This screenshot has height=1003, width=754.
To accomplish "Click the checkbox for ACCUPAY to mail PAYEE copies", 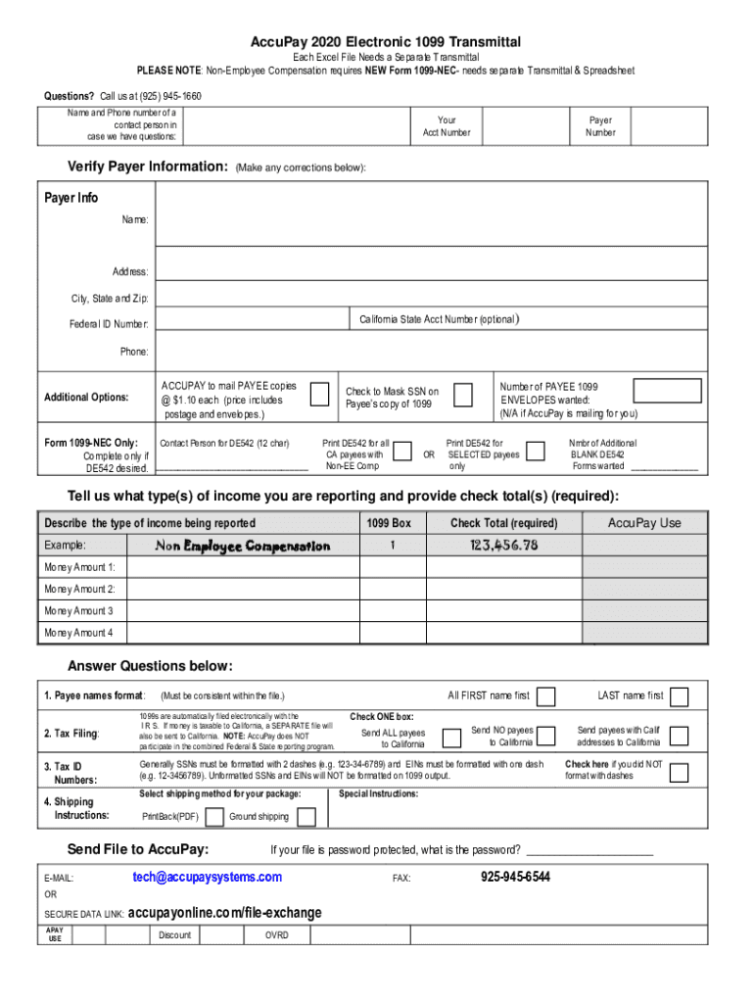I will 319,394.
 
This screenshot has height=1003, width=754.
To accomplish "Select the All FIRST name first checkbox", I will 546,696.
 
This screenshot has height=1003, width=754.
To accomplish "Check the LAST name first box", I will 679,696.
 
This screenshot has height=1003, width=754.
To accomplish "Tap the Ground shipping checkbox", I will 306,817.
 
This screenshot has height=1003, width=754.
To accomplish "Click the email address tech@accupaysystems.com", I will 207,877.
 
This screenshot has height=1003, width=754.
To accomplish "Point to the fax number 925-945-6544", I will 515,877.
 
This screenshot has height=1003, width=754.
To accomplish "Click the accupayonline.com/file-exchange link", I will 224,913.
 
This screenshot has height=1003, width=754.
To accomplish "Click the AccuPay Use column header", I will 643,523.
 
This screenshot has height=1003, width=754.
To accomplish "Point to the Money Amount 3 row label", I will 78,610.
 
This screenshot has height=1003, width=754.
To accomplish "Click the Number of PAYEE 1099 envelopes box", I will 666,390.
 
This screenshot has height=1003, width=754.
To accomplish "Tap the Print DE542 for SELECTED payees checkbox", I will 536,451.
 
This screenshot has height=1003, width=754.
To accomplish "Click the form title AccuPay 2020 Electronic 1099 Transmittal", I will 386,41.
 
